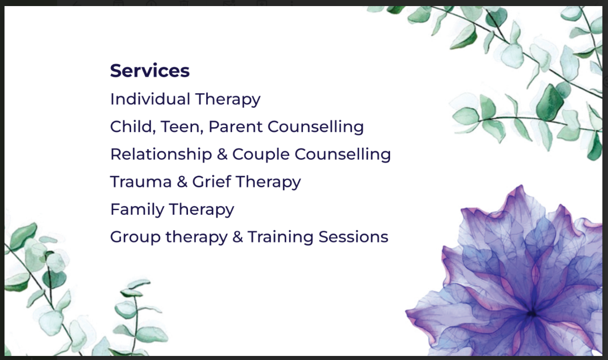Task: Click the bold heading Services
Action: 150,71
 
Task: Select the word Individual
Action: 150,99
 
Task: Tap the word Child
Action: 131,127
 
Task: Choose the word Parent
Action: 236,127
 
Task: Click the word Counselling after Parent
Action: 316,127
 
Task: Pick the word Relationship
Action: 161,154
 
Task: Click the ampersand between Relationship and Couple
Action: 222,154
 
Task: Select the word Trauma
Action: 141,181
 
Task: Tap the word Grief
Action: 211,181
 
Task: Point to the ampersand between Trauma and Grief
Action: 182,181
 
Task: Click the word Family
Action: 137,210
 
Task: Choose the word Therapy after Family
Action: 202,210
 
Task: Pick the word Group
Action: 135,237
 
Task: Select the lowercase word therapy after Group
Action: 197,237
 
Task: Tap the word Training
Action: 280,237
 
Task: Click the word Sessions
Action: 354,237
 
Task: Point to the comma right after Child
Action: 154,132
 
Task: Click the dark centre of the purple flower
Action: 533,314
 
